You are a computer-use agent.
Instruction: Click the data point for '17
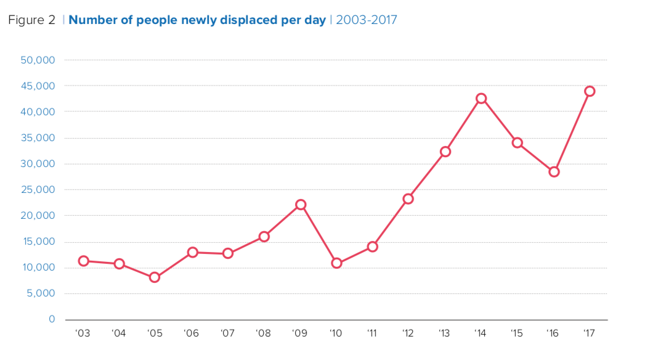tap(590, 91)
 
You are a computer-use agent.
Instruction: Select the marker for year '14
tap(481, 99)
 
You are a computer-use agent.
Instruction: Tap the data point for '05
tap(155, 277)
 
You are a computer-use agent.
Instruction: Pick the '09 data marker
tap(301, 205)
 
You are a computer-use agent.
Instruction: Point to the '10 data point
tap(336, 263)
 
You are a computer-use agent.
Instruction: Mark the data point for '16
tap(554, 172)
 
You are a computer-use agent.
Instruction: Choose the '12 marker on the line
tap(408, 199)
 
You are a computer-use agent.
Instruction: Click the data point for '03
tap(83, 261)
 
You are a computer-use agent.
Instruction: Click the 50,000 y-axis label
tap(38, 60)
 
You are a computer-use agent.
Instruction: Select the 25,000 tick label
tap(38, 190)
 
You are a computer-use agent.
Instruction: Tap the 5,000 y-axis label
tap(41, 293)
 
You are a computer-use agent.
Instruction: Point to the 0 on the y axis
tap(52, 319)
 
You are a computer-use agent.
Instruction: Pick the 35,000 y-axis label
tap(38, 138)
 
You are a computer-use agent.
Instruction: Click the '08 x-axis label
tap(264, 333)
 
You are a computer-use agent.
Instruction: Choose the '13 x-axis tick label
tap(444, 333)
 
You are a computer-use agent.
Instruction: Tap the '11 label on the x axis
tap(372, 333)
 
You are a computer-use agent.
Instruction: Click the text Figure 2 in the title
tap(31, 20)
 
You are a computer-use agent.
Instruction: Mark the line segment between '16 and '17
tap(572, 132)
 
